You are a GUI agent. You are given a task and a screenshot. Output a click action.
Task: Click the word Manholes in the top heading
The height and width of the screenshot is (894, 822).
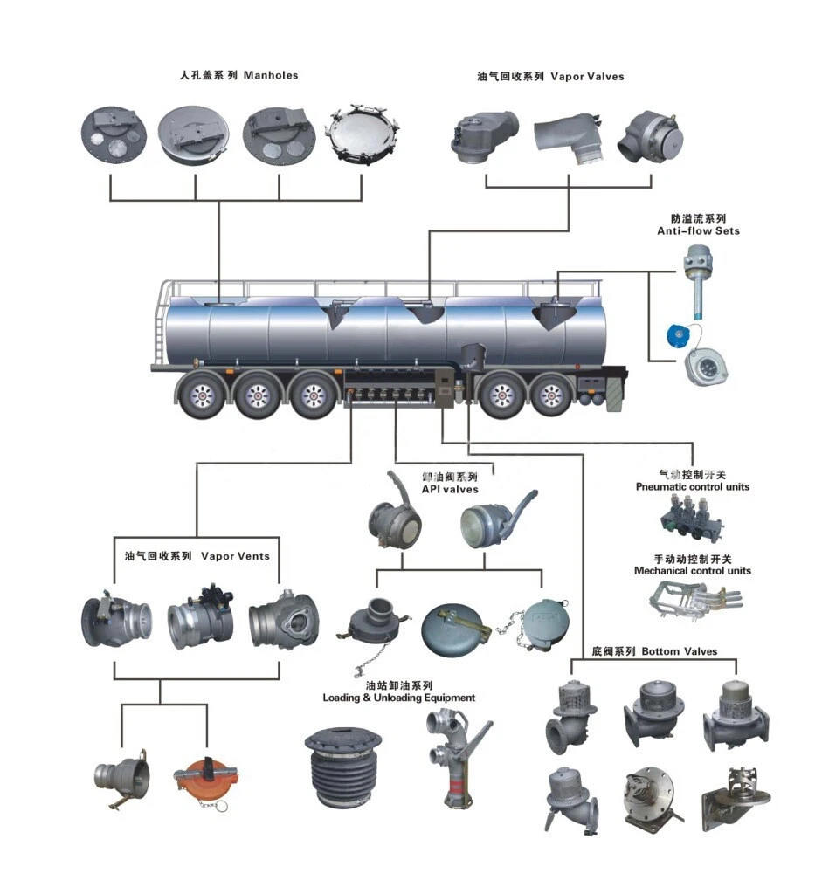click(x=271, y=75)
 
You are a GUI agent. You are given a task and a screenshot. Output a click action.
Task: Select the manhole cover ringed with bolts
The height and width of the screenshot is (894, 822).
click(x=362, y=136)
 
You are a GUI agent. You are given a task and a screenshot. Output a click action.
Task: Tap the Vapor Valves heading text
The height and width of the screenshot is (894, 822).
click(x=587, y=77)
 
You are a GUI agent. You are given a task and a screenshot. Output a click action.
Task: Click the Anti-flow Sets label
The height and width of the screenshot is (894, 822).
click(x=698, y=230)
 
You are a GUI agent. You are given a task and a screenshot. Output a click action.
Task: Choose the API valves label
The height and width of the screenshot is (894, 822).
click(x=450, y=490)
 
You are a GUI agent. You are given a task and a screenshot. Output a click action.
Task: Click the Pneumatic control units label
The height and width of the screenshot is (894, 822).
click(x=692, y=486)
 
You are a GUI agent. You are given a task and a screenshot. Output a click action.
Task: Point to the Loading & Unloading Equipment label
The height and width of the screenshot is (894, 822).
click(x=399, y=698)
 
